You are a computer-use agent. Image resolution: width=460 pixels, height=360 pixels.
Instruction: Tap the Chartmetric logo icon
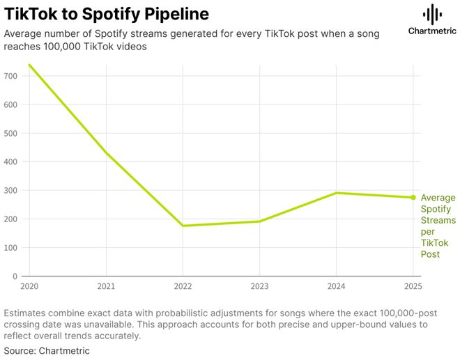[x=433, y=13]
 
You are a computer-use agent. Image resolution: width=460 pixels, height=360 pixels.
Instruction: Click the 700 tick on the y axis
[x=10, y=76]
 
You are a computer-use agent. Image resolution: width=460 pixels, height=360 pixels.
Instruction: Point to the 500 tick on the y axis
[x=10, y=133]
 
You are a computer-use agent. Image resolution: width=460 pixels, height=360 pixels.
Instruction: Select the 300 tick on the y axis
[x=10, y=190]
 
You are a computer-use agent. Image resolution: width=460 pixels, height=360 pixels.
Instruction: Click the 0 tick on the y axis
[x=14, y=276]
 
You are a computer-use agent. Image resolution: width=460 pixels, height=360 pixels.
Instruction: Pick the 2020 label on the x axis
[x=29, y=286]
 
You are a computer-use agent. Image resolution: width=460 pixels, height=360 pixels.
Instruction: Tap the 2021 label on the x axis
[x=106, y=286]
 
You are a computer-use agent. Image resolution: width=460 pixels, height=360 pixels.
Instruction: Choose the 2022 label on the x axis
[x=183, y=286]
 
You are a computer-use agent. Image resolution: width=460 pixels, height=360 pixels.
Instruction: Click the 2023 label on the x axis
[x=259, y=286]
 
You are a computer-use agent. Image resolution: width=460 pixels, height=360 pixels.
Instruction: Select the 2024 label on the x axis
[x=336, y=286]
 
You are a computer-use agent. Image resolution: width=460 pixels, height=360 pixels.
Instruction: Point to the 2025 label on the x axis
[x=413, y=286]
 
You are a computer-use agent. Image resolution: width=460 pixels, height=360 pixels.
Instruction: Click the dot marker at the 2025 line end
[x=413, y=198]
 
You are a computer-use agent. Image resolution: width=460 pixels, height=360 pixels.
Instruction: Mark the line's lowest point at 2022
[x=183, y=226]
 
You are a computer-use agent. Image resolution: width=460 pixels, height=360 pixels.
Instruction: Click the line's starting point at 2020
[x=29, y=65]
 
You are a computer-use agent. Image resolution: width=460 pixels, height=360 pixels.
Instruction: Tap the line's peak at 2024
[x=336, y=193]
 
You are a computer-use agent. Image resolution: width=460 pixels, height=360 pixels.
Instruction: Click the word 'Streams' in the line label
[x=438, y=221]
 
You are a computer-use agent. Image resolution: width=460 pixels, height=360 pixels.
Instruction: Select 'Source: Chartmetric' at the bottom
[x=47, y=351]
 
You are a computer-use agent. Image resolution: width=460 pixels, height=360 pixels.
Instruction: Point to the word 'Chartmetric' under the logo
[x=433, y=31]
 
